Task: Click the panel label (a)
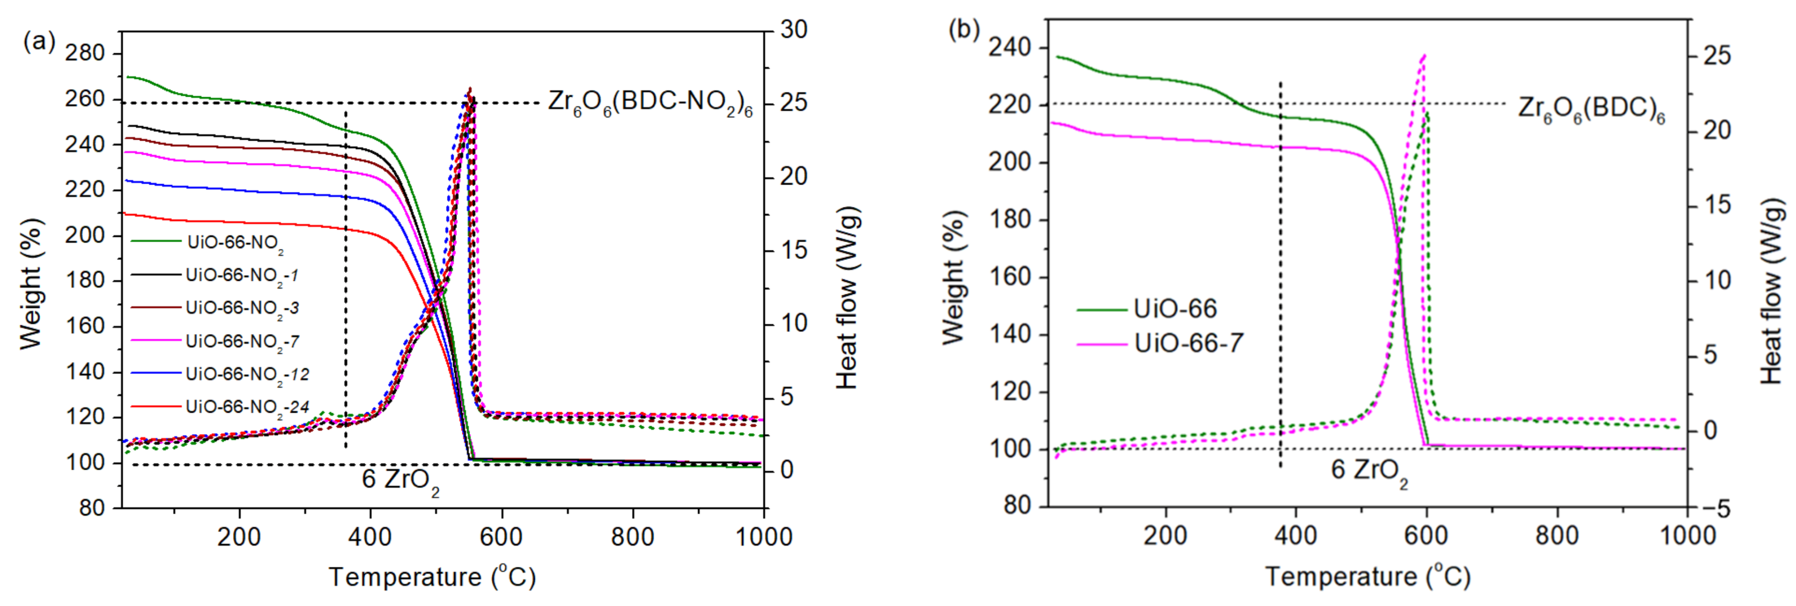pyautogui.click(x=39, y=42)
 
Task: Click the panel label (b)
pyautogui.click(x=964, y=30)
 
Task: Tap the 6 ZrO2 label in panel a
pyautogui.click(x=400, y=481)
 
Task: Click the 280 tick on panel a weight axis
pyautogui.click(x=85, y=53)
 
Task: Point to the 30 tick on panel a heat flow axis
pyautogui.click(x=793, y=29)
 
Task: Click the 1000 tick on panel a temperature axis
pyautogui.click(x=764, y=537)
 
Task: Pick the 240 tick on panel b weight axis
pyautogui.click(x=1008, y=47)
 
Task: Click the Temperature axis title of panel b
pyautogui.click(x=1367, y=576)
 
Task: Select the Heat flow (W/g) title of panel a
pyautogui.click(x=846, y=298)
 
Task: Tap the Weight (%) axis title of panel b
pyautogui.click(x=953, y=277)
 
